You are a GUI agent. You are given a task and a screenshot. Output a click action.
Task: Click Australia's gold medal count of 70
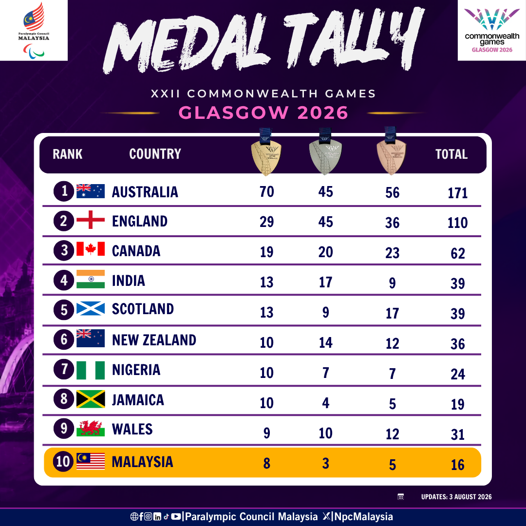[x=267, y=191]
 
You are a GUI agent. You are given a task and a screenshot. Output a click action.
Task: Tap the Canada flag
[x=91, y=249]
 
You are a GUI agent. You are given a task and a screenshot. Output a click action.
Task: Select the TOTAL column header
[x=451, y=154]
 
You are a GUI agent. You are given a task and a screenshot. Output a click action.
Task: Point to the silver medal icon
[x=325, y=151]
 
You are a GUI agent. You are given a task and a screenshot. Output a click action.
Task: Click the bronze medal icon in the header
[x=391, y=151]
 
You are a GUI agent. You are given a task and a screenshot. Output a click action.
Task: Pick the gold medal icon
[x=266, y=152]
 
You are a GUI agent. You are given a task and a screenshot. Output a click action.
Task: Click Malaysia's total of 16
[x=457, y=465]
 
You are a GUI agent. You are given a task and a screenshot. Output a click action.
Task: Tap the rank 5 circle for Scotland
[x=64, y=310]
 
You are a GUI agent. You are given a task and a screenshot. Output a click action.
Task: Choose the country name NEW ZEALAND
[x=154, y=340]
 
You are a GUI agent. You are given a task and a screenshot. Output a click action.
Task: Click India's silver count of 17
[x=325, y=282]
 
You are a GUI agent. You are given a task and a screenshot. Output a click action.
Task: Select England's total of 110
[x=457, y=223]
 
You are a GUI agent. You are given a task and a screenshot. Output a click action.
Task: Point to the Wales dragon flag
[x=91, y=429]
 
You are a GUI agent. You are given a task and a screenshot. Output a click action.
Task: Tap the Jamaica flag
[x=91, y=399]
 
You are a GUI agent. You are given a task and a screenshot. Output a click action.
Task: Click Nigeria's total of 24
[x=457, y=374]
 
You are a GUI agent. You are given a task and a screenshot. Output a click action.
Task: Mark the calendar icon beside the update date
[x=400, y=497]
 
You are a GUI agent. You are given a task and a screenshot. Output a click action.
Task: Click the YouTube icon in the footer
[x=176, y=517]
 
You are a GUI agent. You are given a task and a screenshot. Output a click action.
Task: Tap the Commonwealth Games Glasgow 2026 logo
[x=492, y=31]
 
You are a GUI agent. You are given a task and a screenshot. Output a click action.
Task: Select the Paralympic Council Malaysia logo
[x=34, y=30]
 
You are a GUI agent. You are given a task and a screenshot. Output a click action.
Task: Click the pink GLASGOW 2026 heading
[x=263, y=113]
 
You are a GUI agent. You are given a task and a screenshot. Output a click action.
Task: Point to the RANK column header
[x=67, y=154]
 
